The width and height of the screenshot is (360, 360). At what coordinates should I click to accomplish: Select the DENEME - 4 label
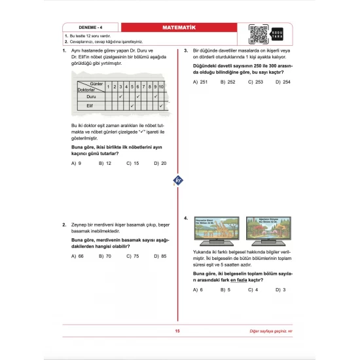coord(78,27)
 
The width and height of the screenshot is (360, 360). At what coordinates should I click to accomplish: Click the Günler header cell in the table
coord(96,84)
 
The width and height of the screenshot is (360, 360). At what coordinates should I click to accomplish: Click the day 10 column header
coord(161,86)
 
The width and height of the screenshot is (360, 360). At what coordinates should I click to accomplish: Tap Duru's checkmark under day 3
coord(120,96)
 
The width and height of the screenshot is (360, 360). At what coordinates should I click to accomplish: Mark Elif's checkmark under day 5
coord(133,105)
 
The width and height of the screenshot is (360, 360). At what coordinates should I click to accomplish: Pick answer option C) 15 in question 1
coord(134,163)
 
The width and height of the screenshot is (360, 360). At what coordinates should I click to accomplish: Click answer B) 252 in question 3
coord(228,82)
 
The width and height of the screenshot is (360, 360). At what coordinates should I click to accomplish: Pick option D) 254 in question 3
coord(283,82)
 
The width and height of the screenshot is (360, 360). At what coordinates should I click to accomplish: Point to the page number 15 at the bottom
coord(177,331)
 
